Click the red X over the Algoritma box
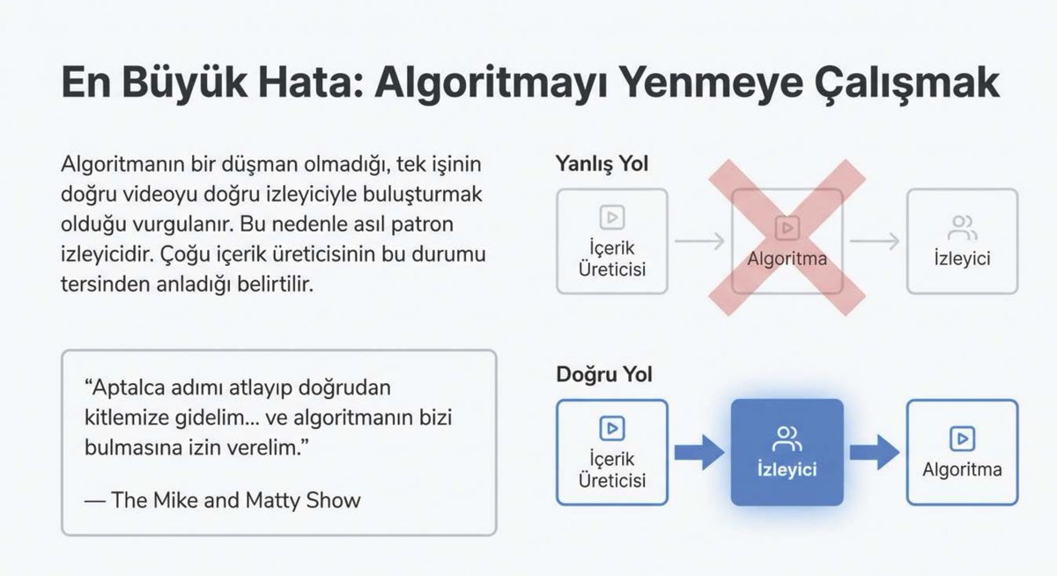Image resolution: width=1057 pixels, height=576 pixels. (787, 238)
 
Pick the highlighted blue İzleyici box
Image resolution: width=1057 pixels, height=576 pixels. (787, 452)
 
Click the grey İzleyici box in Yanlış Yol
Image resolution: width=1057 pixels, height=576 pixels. (962, 241)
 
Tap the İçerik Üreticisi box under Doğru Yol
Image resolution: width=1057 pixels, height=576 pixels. (612, 452)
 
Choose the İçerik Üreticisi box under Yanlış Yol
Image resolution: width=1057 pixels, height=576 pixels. (612, 241)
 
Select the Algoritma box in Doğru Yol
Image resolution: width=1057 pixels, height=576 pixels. (962, 452)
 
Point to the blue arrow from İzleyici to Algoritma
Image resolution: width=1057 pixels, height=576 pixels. (874, 452)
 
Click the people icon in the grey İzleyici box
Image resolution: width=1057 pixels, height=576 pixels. (962, 227)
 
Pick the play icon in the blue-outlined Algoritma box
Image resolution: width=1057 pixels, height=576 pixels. (962, 436)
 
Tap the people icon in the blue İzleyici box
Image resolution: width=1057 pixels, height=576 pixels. (787, 436)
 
